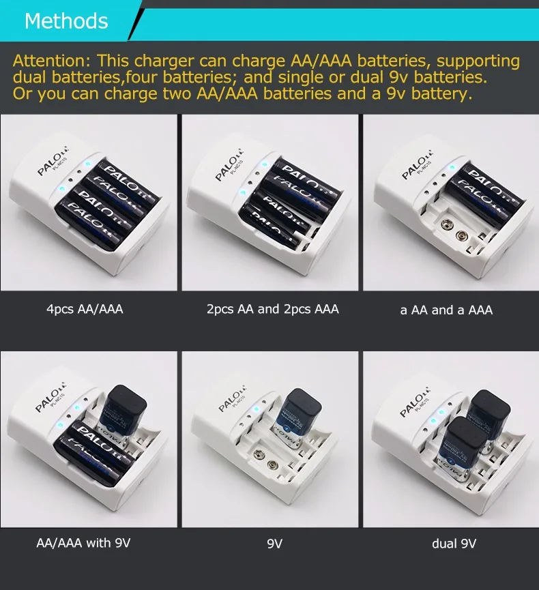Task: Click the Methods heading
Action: [66, 21]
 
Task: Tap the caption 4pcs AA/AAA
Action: [85, 309]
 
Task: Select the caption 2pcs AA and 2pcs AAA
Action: [272, 309]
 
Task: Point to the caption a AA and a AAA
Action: [446, 310]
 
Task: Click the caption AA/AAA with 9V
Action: [83, 544]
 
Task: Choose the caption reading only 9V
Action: [274, 544]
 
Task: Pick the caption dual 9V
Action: [454, 544]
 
